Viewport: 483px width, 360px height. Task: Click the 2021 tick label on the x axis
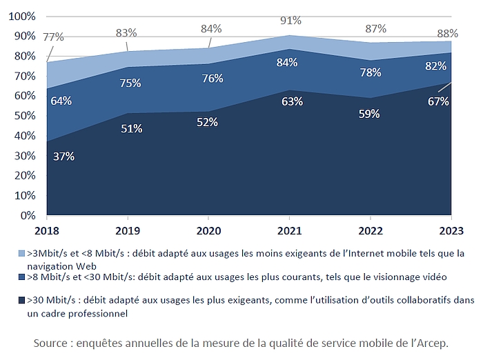click(289, 229)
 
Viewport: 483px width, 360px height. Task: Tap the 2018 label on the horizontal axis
click(48, 229)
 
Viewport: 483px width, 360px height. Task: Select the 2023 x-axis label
click(451, 229)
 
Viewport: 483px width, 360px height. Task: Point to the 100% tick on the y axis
click(23, 16)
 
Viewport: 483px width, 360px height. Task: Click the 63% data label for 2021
click(288, 102)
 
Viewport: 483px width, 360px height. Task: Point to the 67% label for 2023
click(437, 101)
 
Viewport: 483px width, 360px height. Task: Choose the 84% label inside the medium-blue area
click(286, 63)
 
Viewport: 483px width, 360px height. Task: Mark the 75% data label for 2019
click(130, 83)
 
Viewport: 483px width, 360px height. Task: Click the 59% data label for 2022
click(368, 114)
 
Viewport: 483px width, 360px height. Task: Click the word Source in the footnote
click(54, 343)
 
